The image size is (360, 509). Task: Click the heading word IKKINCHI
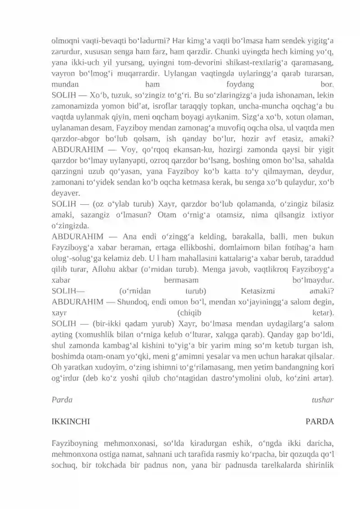point(71,422)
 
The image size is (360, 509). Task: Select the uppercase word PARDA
point(319,422)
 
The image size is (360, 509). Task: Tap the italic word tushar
point(323,400)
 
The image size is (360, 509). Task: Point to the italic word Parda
point(62,400)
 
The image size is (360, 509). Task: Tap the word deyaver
point(66,193)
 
